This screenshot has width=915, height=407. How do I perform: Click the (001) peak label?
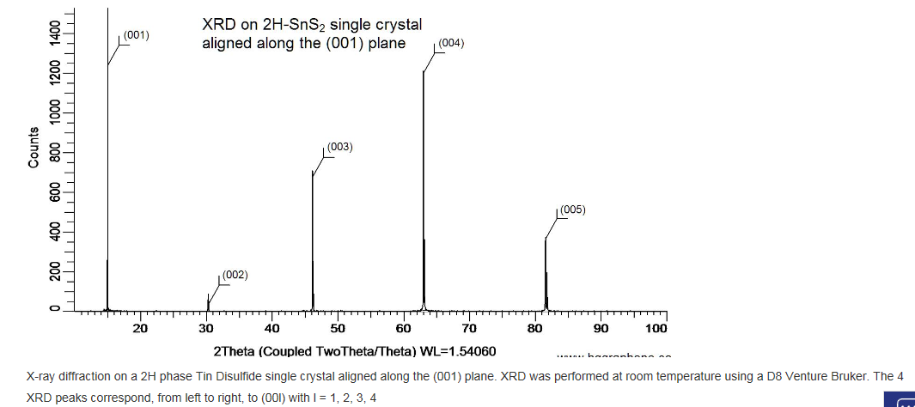137,35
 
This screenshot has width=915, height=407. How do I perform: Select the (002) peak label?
235,275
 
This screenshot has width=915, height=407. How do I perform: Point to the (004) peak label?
451,43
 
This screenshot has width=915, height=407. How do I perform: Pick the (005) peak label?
572,210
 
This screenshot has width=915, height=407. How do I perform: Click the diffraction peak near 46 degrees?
313,240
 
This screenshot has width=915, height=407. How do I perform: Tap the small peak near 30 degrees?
208,302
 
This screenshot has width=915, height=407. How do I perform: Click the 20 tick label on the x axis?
140,329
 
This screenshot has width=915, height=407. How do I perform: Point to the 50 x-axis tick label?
338,329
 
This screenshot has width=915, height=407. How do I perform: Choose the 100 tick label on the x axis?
656,329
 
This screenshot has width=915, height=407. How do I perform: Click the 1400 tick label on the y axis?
55,34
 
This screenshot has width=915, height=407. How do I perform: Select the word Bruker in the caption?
835,377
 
